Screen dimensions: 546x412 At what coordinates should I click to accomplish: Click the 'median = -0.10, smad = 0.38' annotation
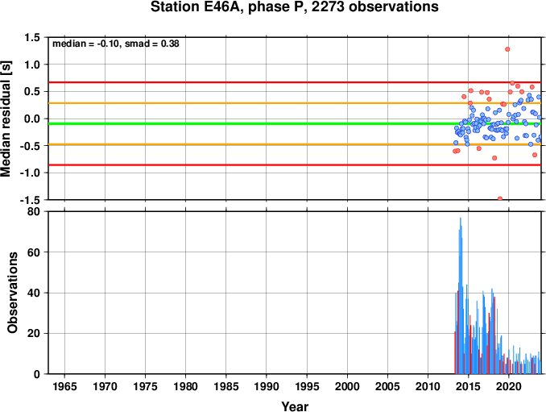tap(116, 44)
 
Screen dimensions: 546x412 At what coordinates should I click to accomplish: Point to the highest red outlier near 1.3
tap(507, 49)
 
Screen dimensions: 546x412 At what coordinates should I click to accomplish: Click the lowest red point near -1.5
tap(500, 198)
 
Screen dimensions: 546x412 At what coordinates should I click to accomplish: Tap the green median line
tap(295, 123)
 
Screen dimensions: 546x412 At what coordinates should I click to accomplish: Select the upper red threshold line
tap(295, 82)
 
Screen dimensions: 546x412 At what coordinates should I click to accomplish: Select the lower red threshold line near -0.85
tap(295, 164)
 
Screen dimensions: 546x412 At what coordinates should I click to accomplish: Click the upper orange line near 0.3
tap(295, 103)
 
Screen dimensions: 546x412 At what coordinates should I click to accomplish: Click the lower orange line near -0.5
tap(295, 144)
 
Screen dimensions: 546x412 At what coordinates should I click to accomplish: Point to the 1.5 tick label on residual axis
tap(32, 37)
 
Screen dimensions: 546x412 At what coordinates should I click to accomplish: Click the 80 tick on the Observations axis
tap(34, 211)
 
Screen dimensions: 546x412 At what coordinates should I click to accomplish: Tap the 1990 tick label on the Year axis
tap(267, 386)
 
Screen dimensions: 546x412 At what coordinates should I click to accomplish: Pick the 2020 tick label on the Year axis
tap(509, 386)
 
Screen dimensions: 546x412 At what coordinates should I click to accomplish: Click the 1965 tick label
tap(64, 386)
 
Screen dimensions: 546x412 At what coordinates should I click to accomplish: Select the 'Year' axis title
tap(295, 406)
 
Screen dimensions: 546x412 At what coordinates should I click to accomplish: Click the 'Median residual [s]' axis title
tap(6, 119)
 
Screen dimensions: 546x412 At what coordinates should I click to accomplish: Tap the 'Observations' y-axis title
tap(12, 293)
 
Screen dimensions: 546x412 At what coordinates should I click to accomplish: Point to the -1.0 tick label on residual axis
tap(30, 173)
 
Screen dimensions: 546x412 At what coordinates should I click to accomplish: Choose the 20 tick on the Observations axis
tap(34, 333)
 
